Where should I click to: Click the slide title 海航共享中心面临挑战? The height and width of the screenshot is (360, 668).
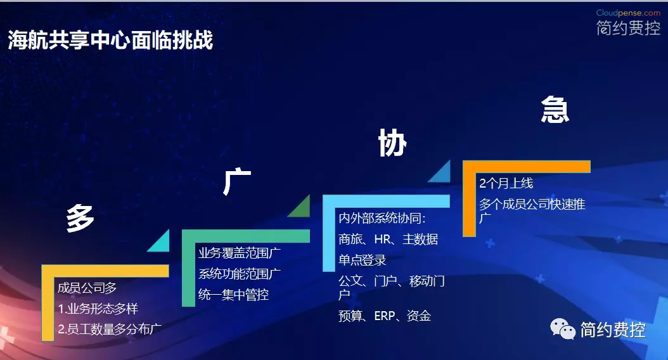[x=110, y=40]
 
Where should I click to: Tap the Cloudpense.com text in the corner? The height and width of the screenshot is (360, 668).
[x=628, y=13]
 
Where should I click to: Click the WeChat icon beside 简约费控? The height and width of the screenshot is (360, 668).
[x=562, y=328]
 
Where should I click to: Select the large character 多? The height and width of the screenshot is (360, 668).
[x=80, y=217]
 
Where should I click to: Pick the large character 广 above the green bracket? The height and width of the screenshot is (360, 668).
[x=237, y=182]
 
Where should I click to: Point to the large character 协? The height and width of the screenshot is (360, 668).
[x=392, y=143]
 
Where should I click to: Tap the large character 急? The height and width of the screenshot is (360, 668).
[x=555, y=109]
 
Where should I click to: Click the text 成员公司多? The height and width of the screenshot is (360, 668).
[x=87, y=288]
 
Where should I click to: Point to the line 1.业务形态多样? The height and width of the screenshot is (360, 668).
[x=98, y=309]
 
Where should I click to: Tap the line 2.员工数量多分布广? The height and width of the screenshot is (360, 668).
[x=110, y=329]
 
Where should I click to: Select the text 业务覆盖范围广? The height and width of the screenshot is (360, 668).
[x=240, y=253]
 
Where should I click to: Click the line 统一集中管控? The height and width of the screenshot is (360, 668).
[x=233, y=294]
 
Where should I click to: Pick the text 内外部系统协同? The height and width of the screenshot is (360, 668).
[x=382, y=218]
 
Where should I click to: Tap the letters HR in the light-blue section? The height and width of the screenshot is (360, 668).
[x=382, y=240]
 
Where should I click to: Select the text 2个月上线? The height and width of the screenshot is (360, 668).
[x=506, y=183]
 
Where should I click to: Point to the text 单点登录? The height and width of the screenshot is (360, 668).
[x=362, y=260]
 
